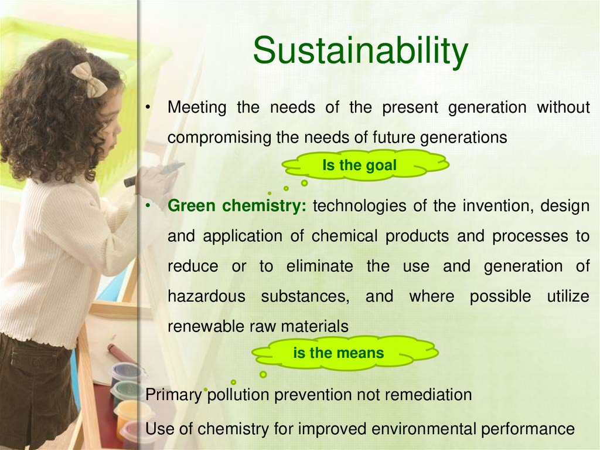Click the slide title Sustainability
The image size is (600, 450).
(360, 51)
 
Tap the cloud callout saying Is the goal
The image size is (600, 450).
(360, 165)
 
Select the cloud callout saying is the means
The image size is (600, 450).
(339, 353)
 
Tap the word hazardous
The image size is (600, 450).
(206, 296)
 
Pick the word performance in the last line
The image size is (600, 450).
(528, 429)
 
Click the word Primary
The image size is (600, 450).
(173, 395)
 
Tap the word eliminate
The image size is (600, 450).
(319, 266)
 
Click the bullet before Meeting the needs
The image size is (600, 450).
(149, 108)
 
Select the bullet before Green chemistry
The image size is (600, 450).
(149, 207)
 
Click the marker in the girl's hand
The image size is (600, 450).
(154, 174)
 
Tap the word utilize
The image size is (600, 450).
(568, 296)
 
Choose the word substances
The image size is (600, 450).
(305, 296)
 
